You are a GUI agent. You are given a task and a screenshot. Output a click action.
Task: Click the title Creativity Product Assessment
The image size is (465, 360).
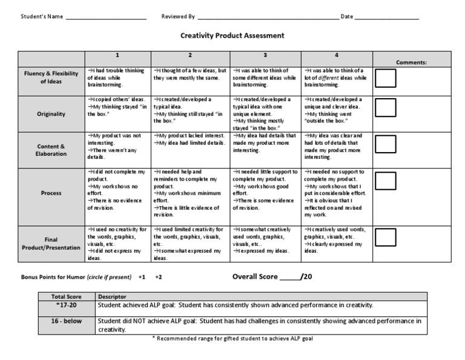click(x=232, y=36)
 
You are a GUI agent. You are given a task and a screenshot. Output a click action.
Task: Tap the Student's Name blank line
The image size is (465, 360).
click(x=106, y=17)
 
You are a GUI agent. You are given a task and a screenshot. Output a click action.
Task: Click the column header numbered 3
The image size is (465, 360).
click(x=265, y=55)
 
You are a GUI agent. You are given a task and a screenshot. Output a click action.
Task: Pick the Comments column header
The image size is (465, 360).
click(x=411, y=62)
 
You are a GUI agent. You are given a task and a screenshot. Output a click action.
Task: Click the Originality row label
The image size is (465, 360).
click(x=51, y=113)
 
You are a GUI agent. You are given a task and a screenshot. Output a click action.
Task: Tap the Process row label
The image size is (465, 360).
click(x=51, y=193)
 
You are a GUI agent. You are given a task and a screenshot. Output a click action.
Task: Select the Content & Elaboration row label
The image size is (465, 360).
click(x=51, y=150)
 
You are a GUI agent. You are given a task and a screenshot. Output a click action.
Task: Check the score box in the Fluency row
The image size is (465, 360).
click(x=386, y=79)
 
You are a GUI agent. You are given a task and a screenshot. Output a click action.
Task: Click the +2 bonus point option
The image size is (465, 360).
click(x=159, y=277)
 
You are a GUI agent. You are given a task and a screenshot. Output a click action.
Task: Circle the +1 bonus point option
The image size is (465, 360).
click(x=142, y=277)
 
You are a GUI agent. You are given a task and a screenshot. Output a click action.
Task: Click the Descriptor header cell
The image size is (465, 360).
click(x=112, y=297)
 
